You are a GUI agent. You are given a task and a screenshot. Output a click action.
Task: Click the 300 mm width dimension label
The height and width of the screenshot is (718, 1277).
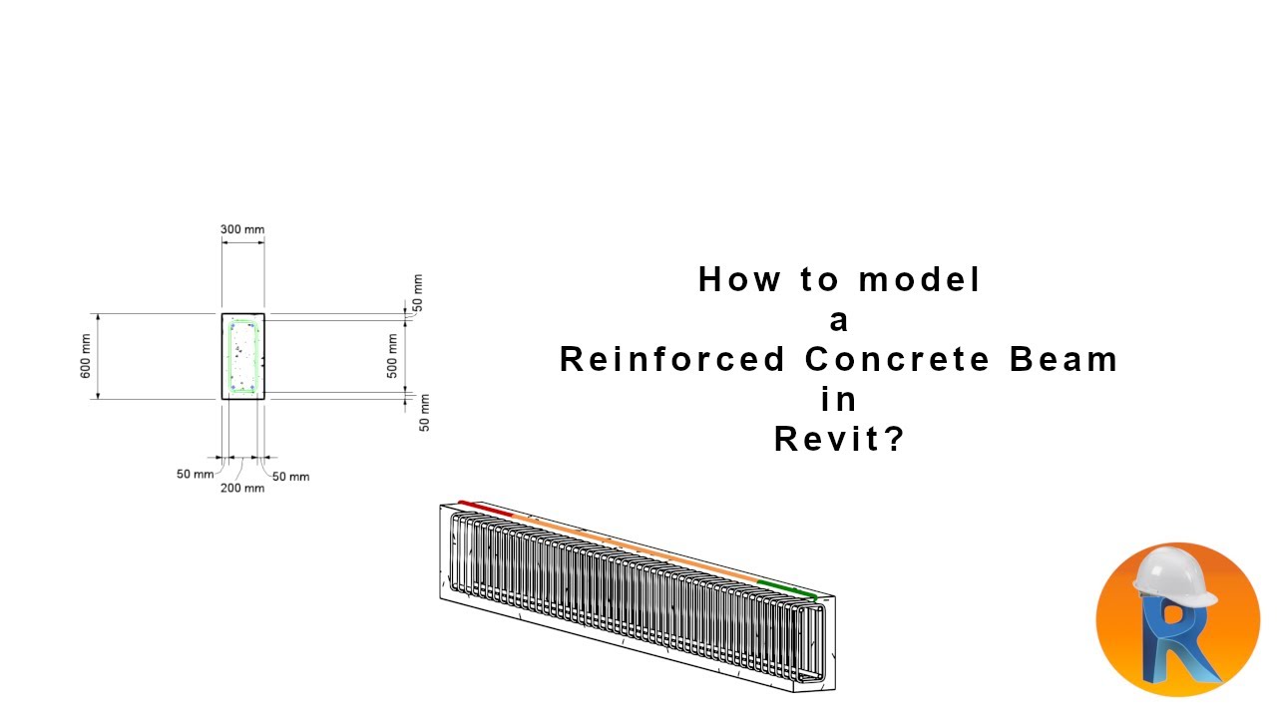[x=242, y=229]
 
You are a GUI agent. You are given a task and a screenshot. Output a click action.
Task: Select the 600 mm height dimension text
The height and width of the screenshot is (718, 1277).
[x=86, y=356]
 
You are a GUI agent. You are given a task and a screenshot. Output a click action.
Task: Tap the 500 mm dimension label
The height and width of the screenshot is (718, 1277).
[x=393, y=356]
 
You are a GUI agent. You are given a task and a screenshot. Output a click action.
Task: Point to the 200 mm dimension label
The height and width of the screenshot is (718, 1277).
[x=242, y=488]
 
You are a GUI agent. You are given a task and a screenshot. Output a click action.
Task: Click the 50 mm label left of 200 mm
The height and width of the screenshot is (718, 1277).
[x=195, y=474]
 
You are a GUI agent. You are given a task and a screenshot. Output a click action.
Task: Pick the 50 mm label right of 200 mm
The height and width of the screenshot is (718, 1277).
[x=290, y=477]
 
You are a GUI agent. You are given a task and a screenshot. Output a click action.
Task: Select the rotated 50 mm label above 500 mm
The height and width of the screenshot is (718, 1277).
[x=417, y=290]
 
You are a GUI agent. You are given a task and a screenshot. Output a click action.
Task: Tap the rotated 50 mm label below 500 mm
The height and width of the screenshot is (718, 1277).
[x=424, y=413]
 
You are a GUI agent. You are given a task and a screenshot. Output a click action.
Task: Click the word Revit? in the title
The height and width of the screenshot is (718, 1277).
[x=839, y=439]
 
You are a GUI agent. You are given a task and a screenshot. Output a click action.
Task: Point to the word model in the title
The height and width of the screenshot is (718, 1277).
[x=920, y=279]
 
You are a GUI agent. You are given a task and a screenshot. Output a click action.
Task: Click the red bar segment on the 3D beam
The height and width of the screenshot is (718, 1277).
[x=485, y=509]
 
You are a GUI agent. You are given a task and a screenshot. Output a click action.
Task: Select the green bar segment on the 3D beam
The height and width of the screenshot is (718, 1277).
[x=786, y=589]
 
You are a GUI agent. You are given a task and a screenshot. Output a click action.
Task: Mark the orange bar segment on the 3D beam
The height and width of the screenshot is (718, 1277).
[x=638, y=548]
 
